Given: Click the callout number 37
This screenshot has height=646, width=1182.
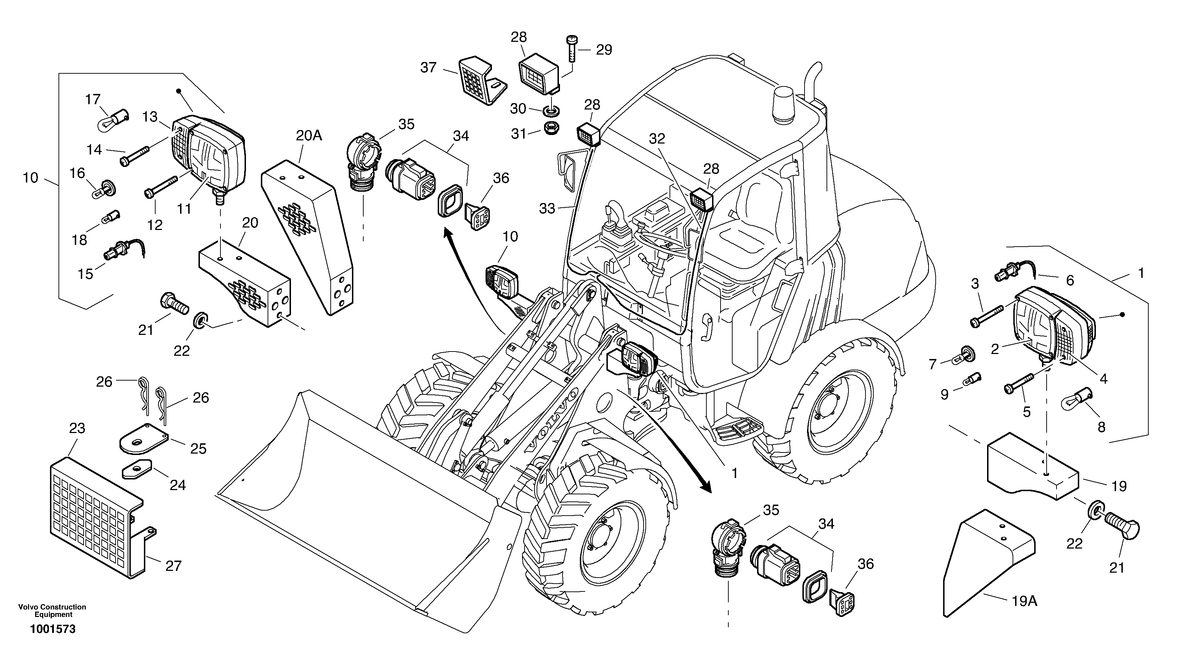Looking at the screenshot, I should [428, 68].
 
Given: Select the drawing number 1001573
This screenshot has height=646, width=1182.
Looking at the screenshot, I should [53, 629].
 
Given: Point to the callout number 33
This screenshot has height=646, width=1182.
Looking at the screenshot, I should [547, 209].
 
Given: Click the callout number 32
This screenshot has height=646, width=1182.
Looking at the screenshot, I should [657, 139].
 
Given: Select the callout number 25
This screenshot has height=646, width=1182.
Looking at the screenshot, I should [198, 448].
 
